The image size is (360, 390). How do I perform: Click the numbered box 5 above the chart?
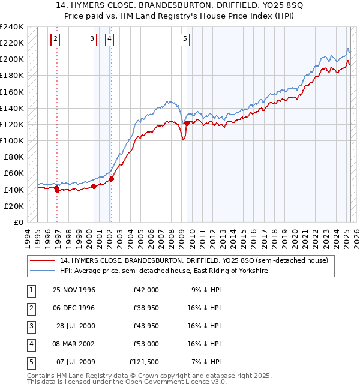pos(185,40)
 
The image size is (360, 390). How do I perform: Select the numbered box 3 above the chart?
pos(92,40)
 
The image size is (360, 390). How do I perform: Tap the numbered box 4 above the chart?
pos(110,40)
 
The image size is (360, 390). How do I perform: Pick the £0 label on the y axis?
pos(18,222)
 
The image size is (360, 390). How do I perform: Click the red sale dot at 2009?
pos(187,123)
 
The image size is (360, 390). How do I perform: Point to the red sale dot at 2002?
pos(112,178)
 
